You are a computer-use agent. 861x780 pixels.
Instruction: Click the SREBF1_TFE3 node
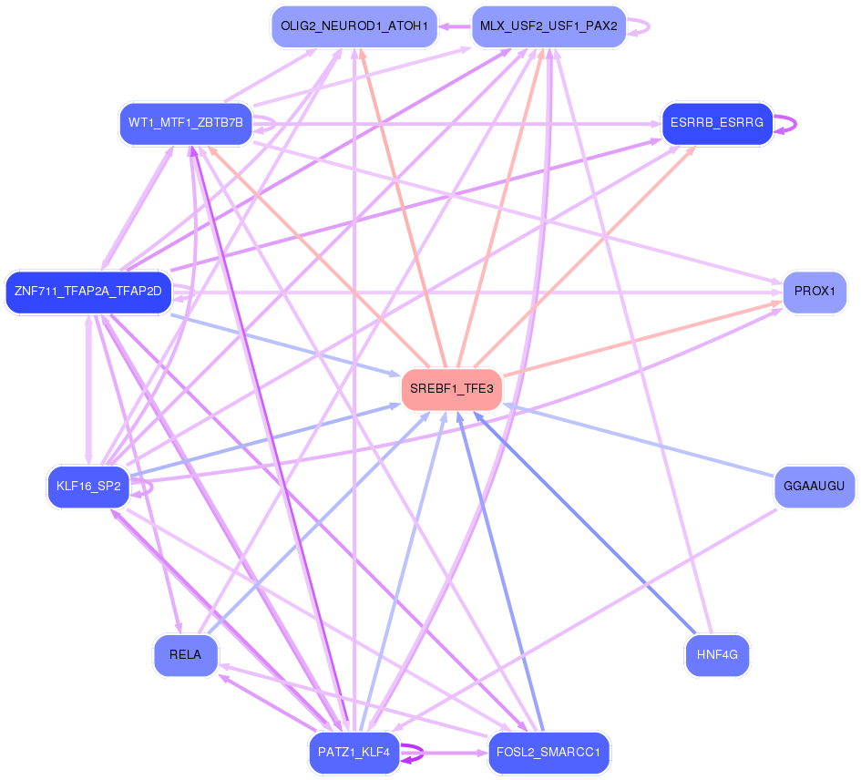click(x=451, y=389)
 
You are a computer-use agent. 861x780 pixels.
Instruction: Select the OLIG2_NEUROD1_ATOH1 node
click(x=354, y=26)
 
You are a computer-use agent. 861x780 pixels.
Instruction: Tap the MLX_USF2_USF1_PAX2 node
click(x=548, y=26)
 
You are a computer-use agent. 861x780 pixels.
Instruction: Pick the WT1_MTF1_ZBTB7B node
click(x=186, y=123)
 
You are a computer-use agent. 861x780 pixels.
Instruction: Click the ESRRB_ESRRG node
click(x=717, y=123)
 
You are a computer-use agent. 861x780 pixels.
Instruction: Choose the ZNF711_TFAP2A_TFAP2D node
click(x=88, y=292)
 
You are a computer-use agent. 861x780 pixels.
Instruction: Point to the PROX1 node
click(x=815, y=292)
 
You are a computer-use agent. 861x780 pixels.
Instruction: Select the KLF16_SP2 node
click(x=88, y=487)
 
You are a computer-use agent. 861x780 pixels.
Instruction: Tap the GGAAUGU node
click(x=815, y=487)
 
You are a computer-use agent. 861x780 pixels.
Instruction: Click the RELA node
click(x=186, y=655)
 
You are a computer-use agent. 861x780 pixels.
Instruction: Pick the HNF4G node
click(x=717, y=655)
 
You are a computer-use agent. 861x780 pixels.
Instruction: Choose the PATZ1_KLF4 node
click(x=354, y=753)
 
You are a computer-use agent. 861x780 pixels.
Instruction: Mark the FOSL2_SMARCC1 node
click(x=548, y=753)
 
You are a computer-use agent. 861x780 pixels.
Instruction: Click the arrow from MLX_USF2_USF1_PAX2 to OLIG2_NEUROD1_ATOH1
click(x=454, y=26)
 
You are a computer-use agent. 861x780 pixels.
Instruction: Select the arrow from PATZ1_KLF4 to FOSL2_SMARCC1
click(x=444, y=753)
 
